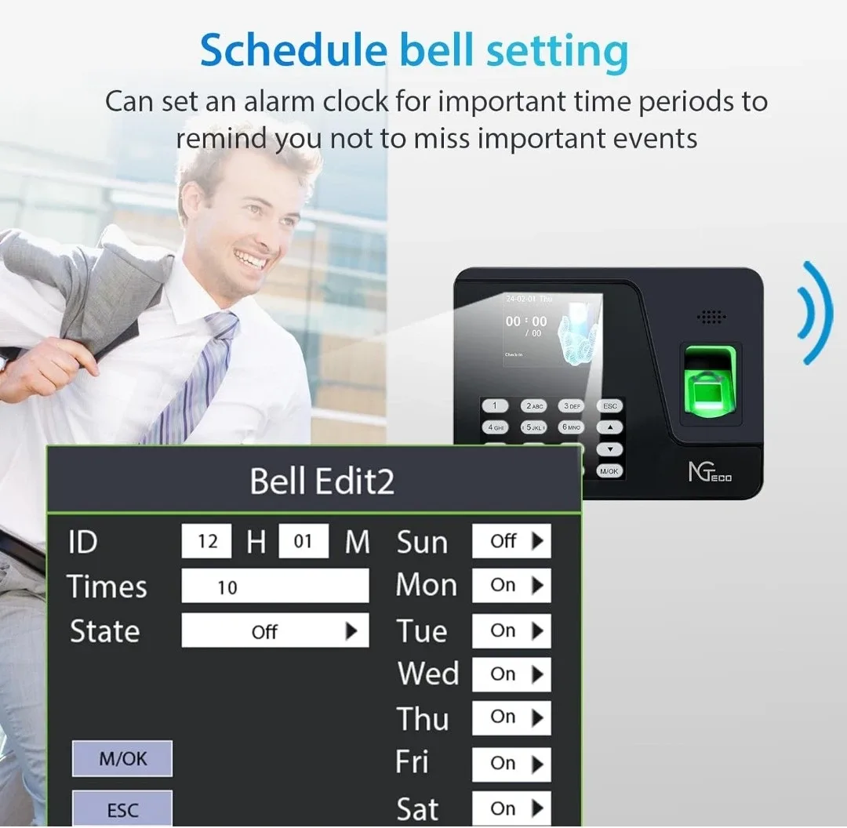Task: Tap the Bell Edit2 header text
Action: pyautogui.click(x=322, y=481)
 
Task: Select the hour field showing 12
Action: pyautogui.click(x=207, y=542)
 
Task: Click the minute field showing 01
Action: pyautogui.click(x=303, y=542)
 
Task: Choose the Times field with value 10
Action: pyautogui.click(x=274, y=586)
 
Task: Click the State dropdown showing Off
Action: pyautogui.click(x=274, y=631)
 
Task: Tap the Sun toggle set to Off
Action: pyautogui.click(x=511, y=541)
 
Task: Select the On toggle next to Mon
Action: pyautogui.click(x=511, y=586)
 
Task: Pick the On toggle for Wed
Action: pyautogui.click(x=511, y=674)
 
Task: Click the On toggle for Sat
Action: pyautogui.click(x=511, y=808)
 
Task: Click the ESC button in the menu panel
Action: pyautogui.click(x=122, y=809)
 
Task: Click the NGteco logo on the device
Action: pyautogui.click(x=710, y=473)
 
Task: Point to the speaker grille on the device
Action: pyautogui.click(x=711, y=317)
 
